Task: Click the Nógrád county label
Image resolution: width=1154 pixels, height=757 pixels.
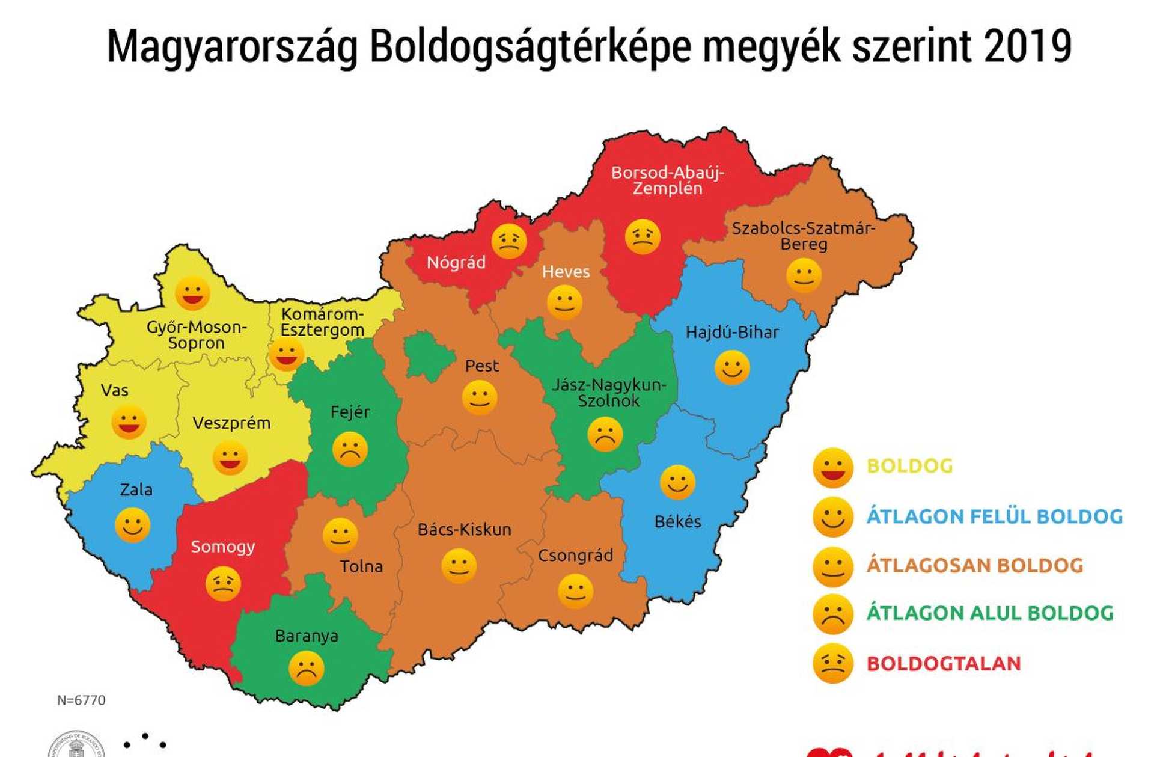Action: point(456,262)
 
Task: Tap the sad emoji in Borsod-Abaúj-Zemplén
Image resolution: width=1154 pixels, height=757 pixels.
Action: point(643,237)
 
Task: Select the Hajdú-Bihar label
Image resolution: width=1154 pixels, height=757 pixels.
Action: point(731,332)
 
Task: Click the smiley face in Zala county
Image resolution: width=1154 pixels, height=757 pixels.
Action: point(132,525)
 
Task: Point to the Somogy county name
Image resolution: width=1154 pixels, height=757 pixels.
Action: point(222,547)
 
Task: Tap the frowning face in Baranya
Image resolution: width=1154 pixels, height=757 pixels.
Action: point(307,669)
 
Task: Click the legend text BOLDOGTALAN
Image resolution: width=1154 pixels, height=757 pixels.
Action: point(943,664)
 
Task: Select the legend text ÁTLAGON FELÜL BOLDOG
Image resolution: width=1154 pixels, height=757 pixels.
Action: point(994,516)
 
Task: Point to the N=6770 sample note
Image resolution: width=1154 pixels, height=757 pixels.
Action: point(81,700)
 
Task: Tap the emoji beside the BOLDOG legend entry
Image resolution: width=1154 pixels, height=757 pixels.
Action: point(832,467)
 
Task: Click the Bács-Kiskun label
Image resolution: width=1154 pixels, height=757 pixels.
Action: point(464,530)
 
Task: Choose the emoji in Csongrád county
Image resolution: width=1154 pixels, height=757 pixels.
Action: point(575,591)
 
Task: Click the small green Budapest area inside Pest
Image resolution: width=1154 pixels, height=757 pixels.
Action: point(428,356)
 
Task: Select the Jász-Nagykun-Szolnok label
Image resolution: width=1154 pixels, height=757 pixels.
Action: point(608,393)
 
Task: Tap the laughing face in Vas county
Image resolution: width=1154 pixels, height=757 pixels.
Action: point(129,422)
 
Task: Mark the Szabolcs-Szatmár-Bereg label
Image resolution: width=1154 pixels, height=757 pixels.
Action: point(803,236)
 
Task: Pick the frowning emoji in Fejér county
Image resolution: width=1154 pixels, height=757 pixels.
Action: point(350,449)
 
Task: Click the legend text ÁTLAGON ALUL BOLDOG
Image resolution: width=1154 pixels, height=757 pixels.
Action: point(989,613)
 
